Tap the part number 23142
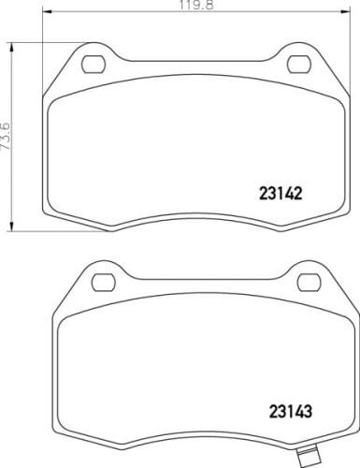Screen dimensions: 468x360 point(282,196)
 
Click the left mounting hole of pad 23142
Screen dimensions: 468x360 point(94,65)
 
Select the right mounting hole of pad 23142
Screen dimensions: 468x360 point(300,65)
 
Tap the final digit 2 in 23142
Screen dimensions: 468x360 point(303,196)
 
